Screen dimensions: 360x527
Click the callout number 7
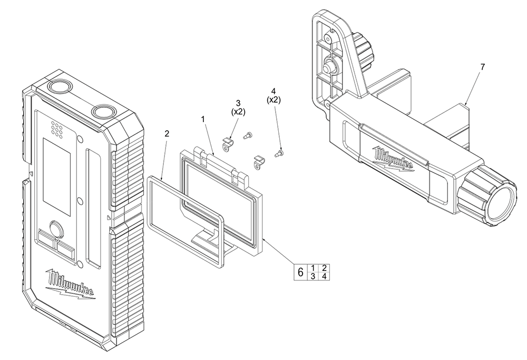(483, 67)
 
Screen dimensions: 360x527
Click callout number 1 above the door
(203, 120)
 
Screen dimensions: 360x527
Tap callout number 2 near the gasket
(167, 134)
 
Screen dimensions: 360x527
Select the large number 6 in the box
(300, 273)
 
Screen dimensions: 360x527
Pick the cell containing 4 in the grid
(325, 277)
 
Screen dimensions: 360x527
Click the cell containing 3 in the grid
(313, 277)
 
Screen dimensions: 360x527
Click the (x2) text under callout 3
(239, 112)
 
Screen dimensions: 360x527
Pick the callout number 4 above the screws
(274, 91)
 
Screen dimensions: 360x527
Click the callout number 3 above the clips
(238, 103)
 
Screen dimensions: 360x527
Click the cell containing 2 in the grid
(325, 268)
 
